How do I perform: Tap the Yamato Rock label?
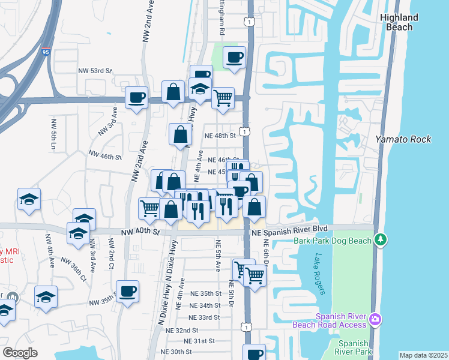(403, 139)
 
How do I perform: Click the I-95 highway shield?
(46, 53)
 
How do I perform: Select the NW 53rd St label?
(95, 70)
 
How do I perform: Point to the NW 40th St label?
(140, 232)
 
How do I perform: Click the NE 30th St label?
(176, 352)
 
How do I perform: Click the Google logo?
(20, 353)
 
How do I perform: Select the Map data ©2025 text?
(423, 355)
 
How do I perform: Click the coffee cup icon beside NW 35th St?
(128, 292)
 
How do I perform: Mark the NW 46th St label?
(105, 156)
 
